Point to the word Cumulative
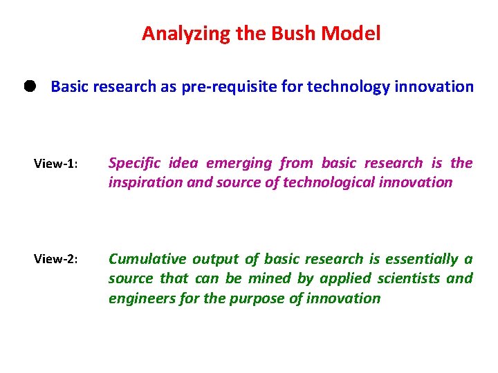point(147,259)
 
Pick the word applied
point(328,278)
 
